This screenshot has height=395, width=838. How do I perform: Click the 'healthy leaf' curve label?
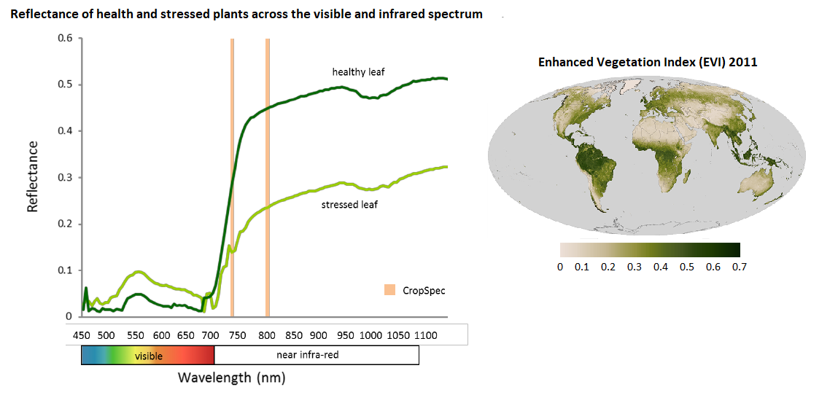[358, 72]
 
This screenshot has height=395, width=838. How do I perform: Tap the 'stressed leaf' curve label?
[349, 205]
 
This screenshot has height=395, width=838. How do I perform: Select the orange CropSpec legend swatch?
[389, 290]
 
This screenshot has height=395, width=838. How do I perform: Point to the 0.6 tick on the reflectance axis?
[65, 38]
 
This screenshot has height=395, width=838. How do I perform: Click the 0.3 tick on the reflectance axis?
[65, 178]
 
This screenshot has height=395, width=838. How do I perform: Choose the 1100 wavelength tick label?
[425, 335]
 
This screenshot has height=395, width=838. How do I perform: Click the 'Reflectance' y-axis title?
[32, 176]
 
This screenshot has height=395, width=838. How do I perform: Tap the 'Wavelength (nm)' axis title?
[231, 378]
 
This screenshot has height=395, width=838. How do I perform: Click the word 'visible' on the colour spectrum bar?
[148, 356]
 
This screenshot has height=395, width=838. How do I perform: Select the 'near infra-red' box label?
[308, 355]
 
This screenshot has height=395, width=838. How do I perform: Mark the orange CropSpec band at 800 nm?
[268, 179]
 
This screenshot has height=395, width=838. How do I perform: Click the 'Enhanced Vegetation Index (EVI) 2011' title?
[648, 63]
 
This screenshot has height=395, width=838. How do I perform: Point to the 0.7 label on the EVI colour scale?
[739, 267]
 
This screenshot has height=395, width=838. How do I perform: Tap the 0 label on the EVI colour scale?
[559, 267]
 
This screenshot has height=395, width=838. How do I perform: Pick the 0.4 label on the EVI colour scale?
[661, 267]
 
